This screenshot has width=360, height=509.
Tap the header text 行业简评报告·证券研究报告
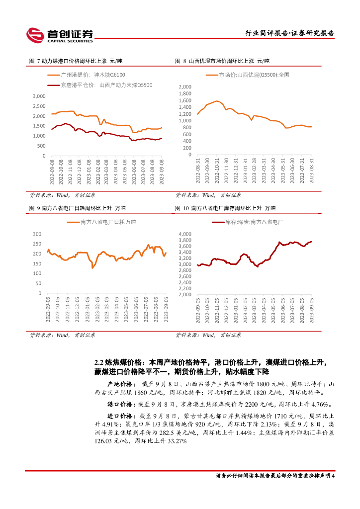290,33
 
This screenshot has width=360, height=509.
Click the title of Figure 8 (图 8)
222,61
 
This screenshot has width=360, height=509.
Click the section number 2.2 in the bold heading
98,361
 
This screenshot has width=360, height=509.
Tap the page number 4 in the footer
333,476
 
